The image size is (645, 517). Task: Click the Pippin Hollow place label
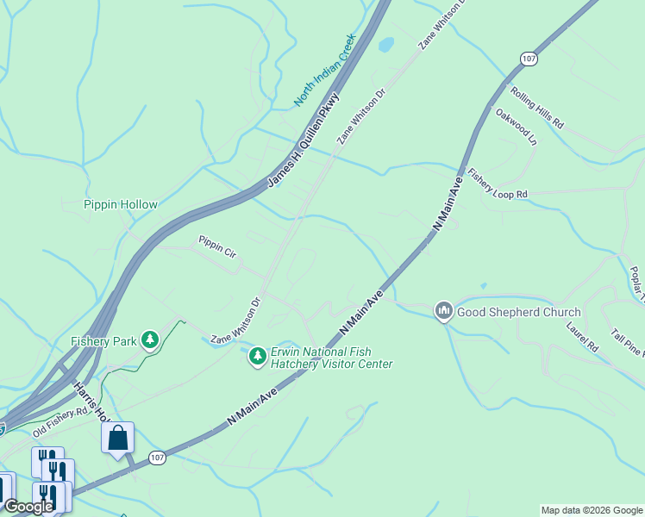coord(121,204)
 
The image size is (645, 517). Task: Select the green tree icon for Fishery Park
coord(150,340)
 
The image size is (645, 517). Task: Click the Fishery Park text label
coord(103,341)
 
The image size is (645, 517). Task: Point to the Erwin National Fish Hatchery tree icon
coord(257,355)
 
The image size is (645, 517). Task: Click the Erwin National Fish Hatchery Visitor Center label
coord(331,358)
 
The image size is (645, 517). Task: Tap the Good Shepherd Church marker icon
coord(444,310)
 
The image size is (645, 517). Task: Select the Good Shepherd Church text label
coord(518,312)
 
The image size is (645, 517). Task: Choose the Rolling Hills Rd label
coord(536,108)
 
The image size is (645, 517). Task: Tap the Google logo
coord(28,507)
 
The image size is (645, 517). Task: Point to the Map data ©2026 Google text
coord(592,510)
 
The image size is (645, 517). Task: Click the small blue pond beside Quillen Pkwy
coord(386,43)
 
